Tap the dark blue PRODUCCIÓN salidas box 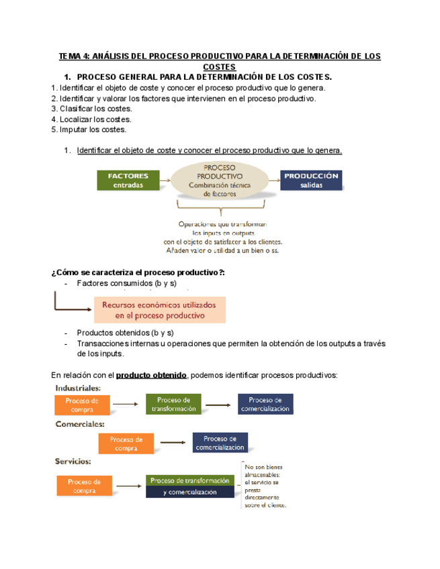tap(311, 180)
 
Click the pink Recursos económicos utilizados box tap(161, 309)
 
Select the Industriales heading tap(78, 388)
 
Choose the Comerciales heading tap(80, 424)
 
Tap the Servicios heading tap(73, 461)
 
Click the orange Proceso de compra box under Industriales tap(82, 405)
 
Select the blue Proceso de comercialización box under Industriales tap(265, 404)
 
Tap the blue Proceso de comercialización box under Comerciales tap(220, 443)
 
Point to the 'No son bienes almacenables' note tap(265, 486)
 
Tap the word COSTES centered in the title tap(220, 67)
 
